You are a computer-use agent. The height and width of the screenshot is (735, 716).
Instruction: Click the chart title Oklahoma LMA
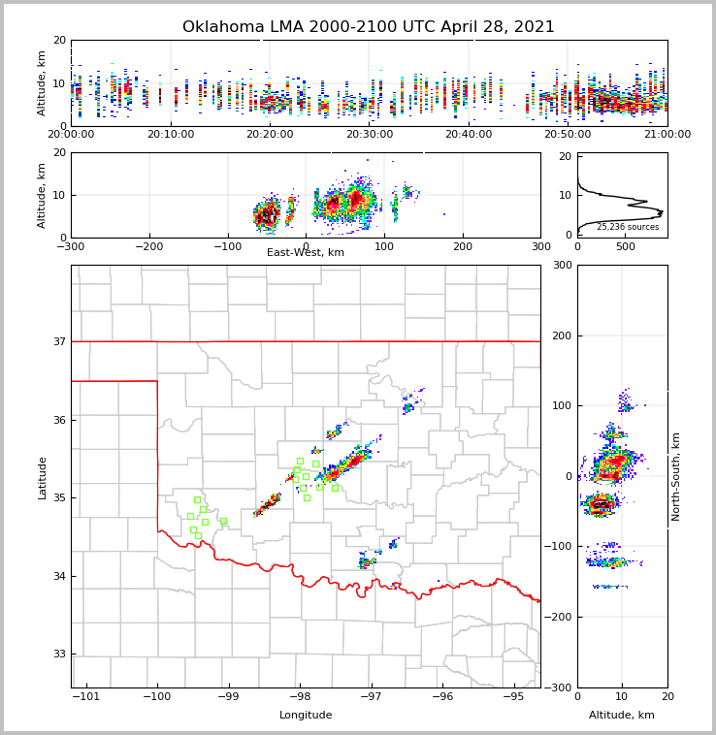[369, 27]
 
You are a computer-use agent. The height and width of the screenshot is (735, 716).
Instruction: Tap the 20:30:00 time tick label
[369, 135]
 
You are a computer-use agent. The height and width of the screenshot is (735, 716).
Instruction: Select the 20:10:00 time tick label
[170, 135]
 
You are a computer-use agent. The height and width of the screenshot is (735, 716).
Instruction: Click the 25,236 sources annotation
[628, 227]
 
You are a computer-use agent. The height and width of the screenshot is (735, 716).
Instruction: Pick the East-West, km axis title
[306, 253]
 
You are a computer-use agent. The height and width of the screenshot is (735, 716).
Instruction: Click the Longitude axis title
[306, 716]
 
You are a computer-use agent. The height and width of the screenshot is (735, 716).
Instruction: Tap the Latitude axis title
[43, 477]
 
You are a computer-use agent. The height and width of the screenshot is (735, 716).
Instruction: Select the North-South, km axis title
[676, 477]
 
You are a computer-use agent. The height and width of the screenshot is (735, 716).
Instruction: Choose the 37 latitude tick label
[58, 341]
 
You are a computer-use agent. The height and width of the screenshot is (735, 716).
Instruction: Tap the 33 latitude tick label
[58, 655]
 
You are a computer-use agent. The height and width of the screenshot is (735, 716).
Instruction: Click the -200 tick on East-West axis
[148, 246]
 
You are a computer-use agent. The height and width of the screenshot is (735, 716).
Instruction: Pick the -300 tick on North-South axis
[561, 687]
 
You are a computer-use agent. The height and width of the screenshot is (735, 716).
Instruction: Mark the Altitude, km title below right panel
[622, 716]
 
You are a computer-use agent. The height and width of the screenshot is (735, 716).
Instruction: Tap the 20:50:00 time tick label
[568, 135]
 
